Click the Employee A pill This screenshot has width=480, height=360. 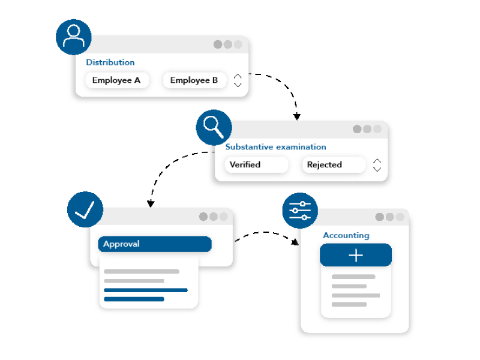click(x=117, y=80)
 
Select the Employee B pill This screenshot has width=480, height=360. click(x=194, y=80)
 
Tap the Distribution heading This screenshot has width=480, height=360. click(x=110, y=62)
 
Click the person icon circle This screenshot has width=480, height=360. click(x=73, y=37)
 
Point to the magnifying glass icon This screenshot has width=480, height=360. click(x=214, y=127)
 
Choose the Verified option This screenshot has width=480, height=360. click(x=257, y=164)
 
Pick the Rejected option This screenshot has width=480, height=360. click(x=334, y=164)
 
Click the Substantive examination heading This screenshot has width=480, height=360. click(x=276, y=147)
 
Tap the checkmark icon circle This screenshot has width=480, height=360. click(x=85, y=209)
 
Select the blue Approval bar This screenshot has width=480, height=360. click(x=155, y=244)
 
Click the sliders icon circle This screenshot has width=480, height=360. click(x=300, y=211)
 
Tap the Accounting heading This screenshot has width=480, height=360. click(x=346, y=235)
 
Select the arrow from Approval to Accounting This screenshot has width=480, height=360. click(x=265, y=233)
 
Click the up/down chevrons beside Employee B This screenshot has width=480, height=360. click(x=238, y=80)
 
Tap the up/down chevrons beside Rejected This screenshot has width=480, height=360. click(x=377, y=166)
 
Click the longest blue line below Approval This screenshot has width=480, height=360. click(x=146, y=290)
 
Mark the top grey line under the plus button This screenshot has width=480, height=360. click(x=353, y=277)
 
